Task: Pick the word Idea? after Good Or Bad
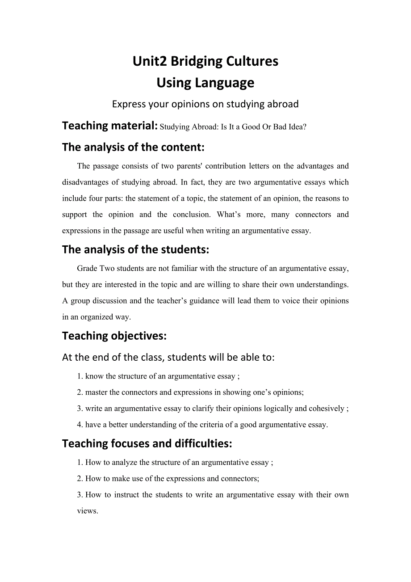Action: click(297, 127)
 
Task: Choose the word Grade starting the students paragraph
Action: click(87, 269)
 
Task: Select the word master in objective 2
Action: click(96, 392)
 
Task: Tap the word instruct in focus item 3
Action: click(126, 495)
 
